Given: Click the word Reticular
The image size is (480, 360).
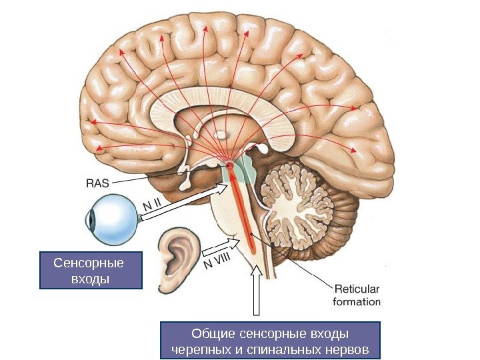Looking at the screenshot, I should [x=356, y=289].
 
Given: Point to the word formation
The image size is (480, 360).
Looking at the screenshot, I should [x=357, y=301].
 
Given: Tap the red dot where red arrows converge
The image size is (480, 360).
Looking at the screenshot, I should [x=229, y=165].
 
